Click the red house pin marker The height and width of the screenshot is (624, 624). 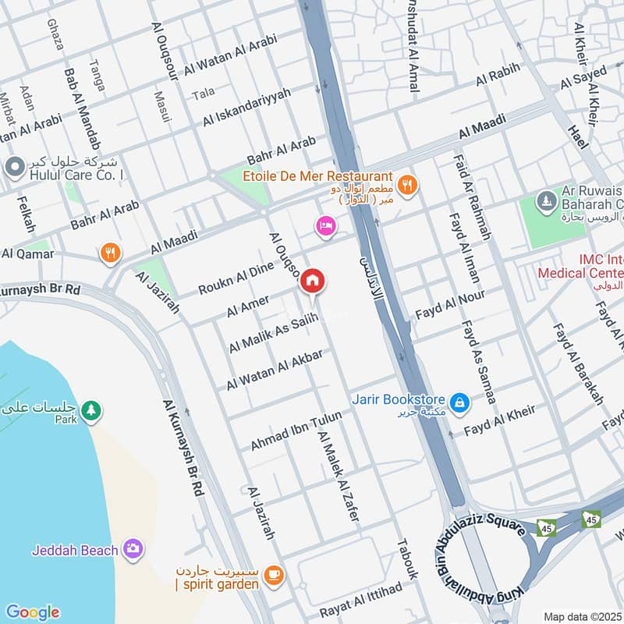pyautogui.click(x=313, y=282)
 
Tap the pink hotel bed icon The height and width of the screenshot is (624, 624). pyautogui.click(x=325, y=226)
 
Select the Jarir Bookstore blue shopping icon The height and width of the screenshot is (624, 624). pyautogui.click(x=461, y=402)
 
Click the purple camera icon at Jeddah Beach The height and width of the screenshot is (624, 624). pyautogui.click(x=133, y=549)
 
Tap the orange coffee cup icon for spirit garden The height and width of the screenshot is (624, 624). pyautogui.click(x=273, y=575)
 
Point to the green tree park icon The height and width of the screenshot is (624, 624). pyautogui.click(x=91, y=409)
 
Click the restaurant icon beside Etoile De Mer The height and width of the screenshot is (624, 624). pyautogui.click(x=406, y=185)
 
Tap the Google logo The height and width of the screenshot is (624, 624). pyautogui.click(x=32, y=612)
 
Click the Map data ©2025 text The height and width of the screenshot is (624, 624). pyautogui.click(x=583, y=616)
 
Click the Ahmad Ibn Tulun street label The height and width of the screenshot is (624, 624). pyautogui.click(x=296, y=431)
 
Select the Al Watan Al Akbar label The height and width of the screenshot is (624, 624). pyautogui.click(x=275, y=370)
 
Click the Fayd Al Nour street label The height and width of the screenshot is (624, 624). pyautogui.click(x=449, y=305)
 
